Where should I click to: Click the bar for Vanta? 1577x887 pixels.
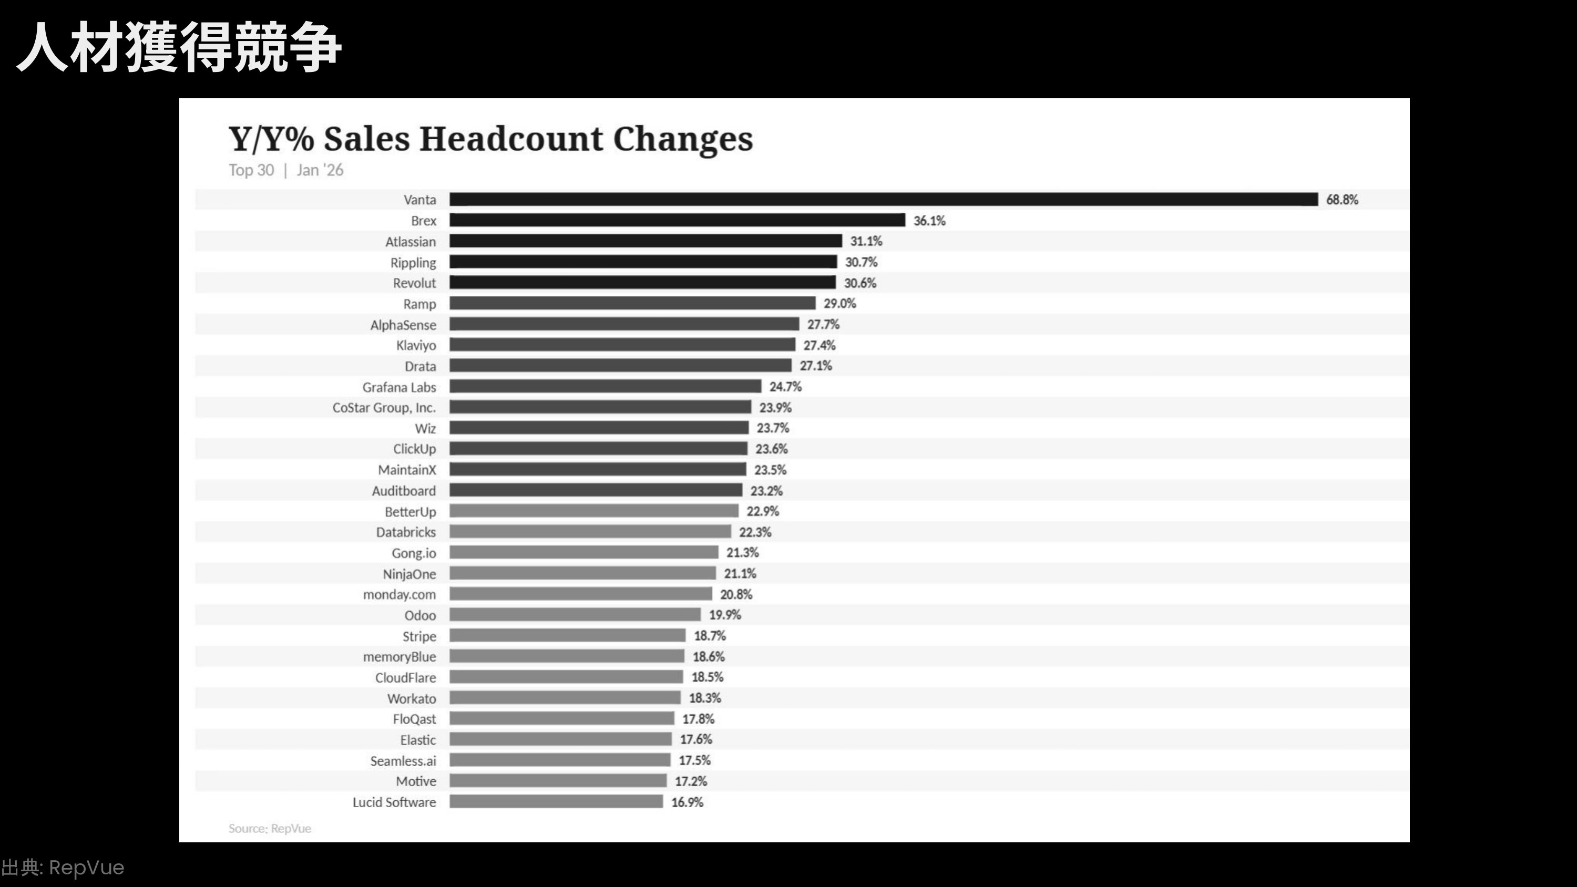point(884,200)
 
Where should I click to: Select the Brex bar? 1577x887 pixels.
point(677,220)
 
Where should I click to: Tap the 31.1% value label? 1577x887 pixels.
point(866,241)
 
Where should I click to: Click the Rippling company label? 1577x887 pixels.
point(413,263)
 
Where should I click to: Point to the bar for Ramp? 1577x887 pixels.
point(632,304)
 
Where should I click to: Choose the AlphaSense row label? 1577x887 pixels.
point(403,325)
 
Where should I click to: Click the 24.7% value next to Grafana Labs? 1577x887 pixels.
point(785,387)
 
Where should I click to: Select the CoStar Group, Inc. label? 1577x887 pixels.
point(384,408)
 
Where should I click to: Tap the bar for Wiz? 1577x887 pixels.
point(599,428)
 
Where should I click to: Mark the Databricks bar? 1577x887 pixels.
point(590,532)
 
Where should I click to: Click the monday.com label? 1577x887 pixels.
point(399,594)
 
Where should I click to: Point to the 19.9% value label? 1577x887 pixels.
point(725,615)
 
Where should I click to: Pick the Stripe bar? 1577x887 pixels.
point(568,636)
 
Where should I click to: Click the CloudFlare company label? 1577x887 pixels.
point(405,678)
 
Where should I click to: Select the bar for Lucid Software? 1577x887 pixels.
point(556,802)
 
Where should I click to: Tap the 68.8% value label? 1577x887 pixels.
point(1342,200)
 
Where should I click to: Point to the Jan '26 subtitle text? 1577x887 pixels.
point(320,170)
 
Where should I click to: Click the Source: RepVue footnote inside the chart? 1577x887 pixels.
point(270,829)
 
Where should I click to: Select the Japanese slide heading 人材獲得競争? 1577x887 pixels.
point(178,47)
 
